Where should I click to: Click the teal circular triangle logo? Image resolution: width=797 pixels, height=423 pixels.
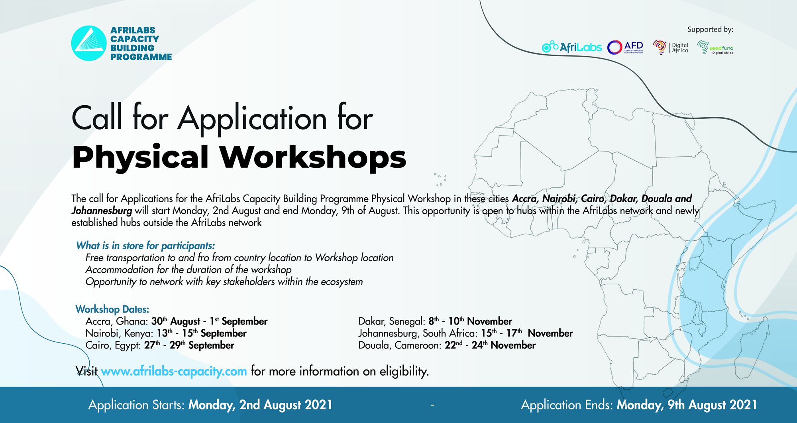tap(89, 43)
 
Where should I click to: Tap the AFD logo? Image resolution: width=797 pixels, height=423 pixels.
tap(625, 47)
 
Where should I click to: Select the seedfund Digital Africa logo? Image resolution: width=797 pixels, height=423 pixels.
tap(715, 47)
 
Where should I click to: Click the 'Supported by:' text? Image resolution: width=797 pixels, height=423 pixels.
tap(710, 30)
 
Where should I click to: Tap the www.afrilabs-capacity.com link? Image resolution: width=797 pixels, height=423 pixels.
tap(174, 371)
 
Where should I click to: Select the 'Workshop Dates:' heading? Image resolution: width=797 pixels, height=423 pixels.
tap(112, 309)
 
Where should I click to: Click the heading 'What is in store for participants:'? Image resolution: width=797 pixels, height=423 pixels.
tap(145, 246)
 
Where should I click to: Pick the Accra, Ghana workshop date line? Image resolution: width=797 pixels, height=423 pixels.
tap(177, 321)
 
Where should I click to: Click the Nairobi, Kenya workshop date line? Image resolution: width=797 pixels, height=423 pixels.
tap(166, 333)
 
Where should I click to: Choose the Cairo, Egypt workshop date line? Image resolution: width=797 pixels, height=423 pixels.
tap(160, 345)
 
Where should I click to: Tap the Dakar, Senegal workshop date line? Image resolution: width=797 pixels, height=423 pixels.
tap(435, 321)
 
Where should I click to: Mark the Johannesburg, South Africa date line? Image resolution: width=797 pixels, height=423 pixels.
tap(465, 333)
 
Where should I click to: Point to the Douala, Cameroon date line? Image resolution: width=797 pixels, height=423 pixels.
tap(447, 345)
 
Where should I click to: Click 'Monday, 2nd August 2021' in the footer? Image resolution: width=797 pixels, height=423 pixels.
tap(261, 405)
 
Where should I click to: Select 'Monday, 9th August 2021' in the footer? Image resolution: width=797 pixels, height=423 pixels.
tap(687, 405)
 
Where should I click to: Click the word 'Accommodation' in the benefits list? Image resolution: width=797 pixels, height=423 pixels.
tap(120, 270)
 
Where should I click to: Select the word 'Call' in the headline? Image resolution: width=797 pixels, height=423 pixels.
tap(97, 118)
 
